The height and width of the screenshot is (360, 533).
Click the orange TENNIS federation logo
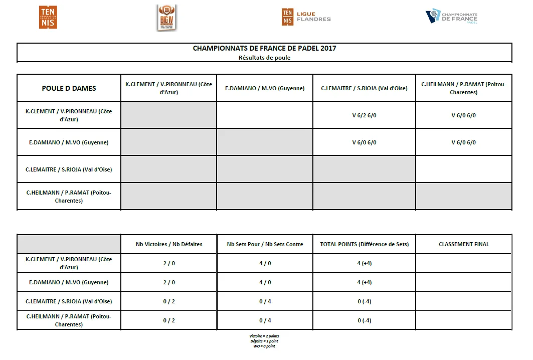[x=48, y=18]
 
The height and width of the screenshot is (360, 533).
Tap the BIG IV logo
[x=166, y=18]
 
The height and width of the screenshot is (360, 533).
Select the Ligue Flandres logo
[x=306, y=17]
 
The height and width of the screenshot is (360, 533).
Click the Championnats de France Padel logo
[x=452, y=17]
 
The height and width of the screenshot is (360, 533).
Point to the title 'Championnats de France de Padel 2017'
[x=264, y=49]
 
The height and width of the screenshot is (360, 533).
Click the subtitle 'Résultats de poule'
[x=264, y=58]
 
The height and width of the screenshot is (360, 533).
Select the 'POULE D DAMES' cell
[x=69, y=88]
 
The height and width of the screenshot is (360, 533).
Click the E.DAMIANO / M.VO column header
[x=265, y=88]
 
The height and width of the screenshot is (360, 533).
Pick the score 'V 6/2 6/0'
[x=364, y=115]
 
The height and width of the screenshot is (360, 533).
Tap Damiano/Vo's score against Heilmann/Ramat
[x=463, y=142]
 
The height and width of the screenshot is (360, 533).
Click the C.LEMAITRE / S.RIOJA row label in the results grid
[x=69, y=169]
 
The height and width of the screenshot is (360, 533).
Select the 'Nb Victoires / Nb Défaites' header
[x=169, y=244]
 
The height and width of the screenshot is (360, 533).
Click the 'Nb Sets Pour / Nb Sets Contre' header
[x=265, y=244]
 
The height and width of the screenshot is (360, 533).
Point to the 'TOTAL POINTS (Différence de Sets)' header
[x=364, y=244]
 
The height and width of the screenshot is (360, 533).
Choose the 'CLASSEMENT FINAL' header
[x=463, y=244]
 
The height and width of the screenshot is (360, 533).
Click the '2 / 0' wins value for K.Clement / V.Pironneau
[x=169, y=263]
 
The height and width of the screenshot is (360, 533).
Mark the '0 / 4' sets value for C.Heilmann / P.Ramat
[x=265, y=320]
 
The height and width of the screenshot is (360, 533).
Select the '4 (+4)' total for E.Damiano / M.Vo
[x=364, y=282]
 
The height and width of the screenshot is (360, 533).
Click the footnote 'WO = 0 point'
[x=264, y=346]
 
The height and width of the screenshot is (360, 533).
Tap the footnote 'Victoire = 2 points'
[x=264, y=336]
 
